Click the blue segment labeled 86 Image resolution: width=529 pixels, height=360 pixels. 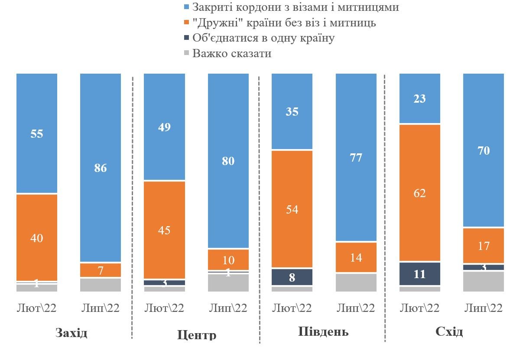[101, 168]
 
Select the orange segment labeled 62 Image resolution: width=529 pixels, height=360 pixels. [419, 193]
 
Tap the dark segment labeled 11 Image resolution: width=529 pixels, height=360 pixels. [419, 274]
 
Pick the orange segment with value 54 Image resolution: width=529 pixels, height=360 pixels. [292, 209]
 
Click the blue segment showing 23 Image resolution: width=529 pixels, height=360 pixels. [419, 98]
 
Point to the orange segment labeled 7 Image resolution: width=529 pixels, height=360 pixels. [101, 270]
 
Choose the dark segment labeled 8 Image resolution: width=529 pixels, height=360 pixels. [292, 277]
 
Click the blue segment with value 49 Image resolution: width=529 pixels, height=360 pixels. [164, 127]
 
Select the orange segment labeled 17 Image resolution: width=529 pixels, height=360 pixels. [484, 246]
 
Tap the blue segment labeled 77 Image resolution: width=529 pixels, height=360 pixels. [356, 157]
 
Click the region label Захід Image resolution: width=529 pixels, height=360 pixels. [71, 333]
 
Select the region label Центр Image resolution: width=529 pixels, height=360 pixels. [197, 335]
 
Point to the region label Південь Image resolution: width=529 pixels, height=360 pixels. [323, 332]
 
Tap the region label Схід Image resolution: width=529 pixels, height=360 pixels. [449, 332]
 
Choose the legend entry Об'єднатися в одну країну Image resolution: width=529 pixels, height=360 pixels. [263, 38]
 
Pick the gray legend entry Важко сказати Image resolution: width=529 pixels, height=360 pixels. [232, 54]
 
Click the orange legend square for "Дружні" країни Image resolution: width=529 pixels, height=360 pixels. [187, 23]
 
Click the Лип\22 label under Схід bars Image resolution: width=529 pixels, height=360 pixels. [483, 308]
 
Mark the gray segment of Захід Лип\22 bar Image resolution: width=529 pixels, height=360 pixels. [101, 285]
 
